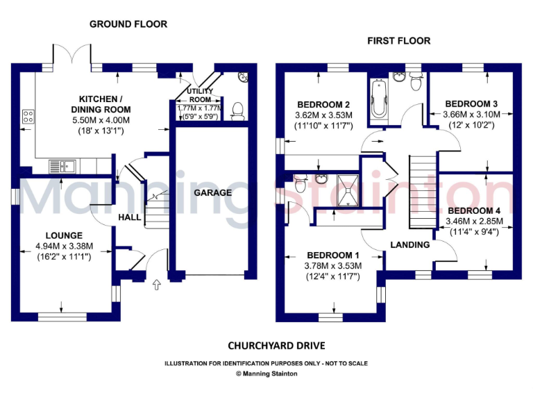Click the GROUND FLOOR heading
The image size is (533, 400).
(x=128, y=24)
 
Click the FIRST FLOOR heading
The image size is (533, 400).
(x=398, y=41)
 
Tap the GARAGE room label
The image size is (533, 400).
(x=212, y=192)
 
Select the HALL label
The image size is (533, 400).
(x=129, y=217)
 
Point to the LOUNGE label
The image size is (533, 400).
(x=64, y=235)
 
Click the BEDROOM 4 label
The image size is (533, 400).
(x=474, y=210)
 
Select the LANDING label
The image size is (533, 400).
(x=410, y=245)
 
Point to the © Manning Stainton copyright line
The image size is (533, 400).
(x=266, y=374)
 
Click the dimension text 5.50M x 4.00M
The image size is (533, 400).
(x=105, y=120)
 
